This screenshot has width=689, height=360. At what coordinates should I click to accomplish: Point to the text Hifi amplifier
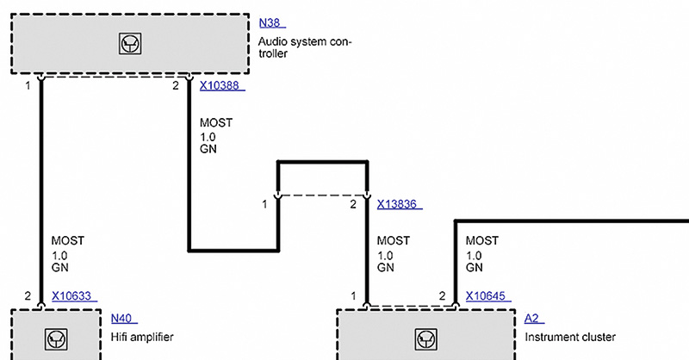click(142, 337)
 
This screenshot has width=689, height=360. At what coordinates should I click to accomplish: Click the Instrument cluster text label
click(570, 337)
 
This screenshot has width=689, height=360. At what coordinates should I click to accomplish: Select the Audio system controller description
click(305, 47)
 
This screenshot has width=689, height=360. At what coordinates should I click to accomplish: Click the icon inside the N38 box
click(130, 44)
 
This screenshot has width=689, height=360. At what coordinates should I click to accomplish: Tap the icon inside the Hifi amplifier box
click(56, 339)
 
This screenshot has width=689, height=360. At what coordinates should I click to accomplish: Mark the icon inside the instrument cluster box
click(425, 339)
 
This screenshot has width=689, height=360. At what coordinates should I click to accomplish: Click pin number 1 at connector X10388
click(28, 86)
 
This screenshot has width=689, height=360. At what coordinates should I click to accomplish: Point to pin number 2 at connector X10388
click(176, 86)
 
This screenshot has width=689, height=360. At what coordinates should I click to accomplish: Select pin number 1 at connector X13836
click(264, 204)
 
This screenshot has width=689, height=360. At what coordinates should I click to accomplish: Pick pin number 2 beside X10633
click(28, 296)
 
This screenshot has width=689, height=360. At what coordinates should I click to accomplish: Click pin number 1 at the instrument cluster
click(354, 296)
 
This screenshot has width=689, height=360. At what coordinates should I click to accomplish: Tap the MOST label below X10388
click(216, 122)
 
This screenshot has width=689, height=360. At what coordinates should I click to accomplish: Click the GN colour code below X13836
click(385, 267)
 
